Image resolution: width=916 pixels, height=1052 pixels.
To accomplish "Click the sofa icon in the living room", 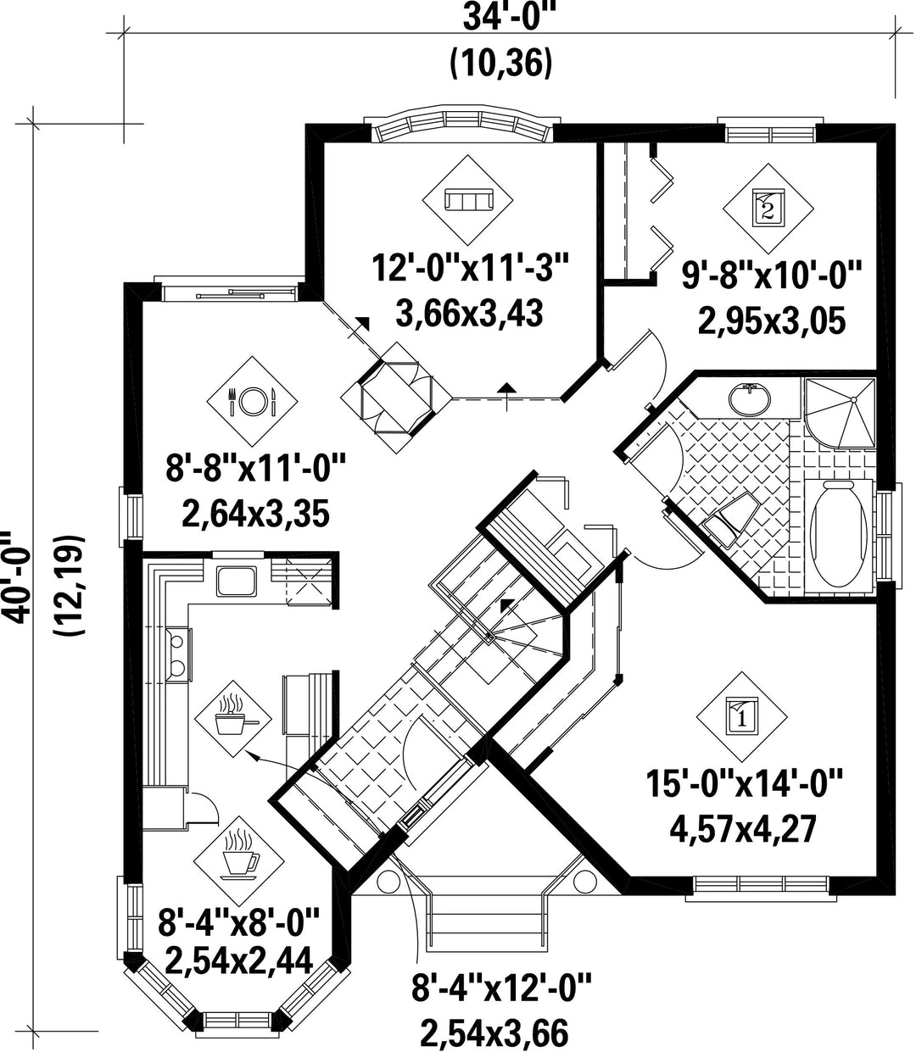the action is pyautogui.click(x=468, y=200).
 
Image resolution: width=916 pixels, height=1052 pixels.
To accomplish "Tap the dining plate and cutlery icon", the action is pyautogui.click(x=252, y=401).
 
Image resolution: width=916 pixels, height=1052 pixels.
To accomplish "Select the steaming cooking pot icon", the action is pyautogui.click(x=233, y=718).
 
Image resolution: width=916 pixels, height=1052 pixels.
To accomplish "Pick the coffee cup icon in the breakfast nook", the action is pyautogui.click(x=240, y=854).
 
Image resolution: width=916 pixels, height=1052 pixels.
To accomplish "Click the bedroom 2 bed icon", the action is pyautogui.click(x=768, y=209).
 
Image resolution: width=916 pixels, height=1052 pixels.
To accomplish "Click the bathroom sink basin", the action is pyautogui.click(x=750, y=398).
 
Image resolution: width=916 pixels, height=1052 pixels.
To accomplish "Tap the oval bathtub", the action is pyautogui.click(x=838, y=532).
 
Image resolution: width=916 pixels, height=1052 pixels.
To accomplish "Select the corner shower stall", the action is pyautogui.click(x=840, y=414).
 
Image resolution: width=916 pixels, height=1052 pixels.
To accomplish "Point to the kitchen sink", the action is pyautogui.click(x=237, y=581).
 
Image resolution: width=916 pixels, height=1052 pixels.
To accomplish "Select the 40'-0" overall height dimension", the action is pyautogui.click(x=14, y=577).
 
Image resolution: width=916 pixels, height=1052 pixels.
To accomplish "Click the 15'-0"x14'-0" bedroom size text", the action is pyautogui.click(x=744, y=783).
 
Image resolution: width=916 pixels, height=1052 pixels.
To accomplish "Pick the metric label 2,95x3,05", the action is pyautogui.click(x=772, y=322).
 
